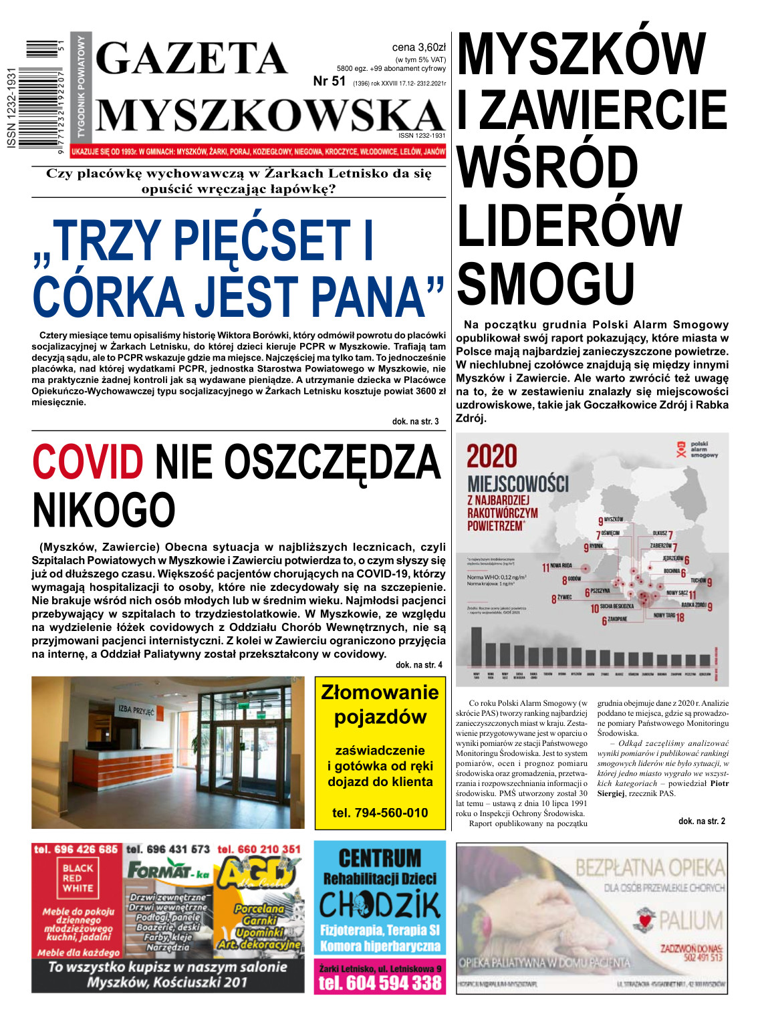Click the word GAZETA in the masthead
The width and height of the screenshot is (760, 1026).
[x=193, y=58]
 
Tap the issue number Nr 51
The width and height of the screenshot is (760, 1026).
[x=330, y=82]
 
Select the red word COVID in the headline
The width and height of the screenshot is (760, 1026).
[x=88, y=462]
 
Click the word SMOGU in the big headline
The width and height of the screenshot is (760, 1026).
[x=546, y=283]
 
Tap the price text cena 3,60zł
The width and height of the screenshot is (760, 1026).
[x=418, y=47]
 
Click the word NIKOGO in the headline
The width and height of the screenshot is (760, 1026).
[x=104, y=510]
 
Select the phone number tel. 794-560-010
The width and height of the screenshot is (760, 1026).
[x=380, y=813]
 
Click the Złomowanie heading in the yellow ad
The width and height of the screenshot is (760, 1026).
[x=380, y=692]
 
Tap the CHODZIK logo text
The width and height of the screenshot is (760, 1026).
[x=380, y=906]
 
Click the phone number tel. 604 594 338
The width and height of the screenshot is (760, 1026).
[x=380, y=983]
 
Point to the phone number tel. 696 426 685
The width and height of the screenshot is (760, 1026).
[x=76, y=849]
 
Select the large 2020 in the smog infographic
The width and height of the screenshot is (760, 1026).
[x=492, y=457]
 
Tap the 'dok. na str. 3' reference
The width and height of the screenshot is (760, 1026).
[x=415, y=422]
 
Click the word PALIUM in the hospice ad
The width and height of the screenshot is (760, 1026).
[x=690, y=921]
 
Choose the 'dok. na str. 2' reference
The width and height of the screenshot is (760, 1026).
[x=701, y=821]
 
